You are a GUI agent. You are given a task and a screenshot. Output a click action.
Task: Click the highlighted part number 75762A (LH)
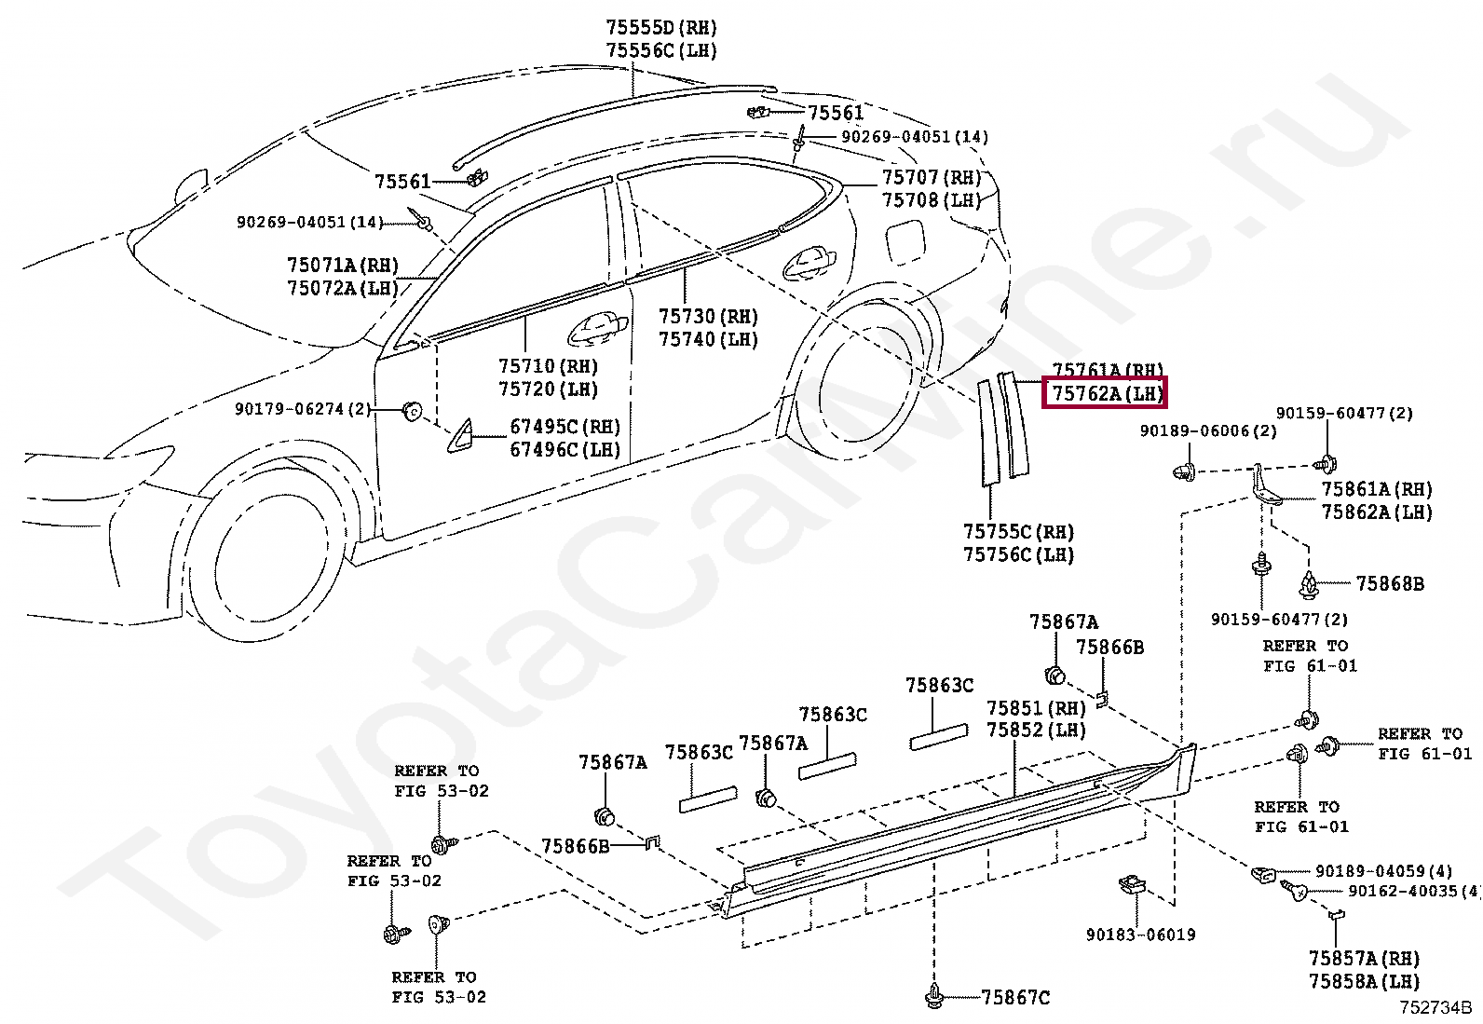coord(1108,394)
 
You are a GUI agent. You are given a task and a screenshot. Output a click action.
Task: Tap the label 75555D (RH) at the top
coord(661,29)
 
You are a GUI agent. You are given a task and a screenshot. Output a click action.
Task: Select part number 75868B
coord(1389,584)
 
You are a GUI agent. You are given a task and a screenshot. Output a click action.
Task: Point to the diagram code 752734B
coord(1435,1007)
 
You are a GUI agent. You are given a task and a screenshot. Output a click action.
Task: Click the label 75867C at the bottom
coord(1014,998)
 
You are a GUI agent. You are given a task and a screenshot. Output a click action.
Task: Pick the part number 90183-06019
coord(1140,935)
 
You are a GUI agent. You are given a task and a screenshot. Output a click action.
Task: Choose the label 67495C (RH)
coord(564,427)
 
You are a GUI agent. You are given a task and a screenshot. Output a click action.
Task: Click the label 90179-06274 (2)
coord(303,409)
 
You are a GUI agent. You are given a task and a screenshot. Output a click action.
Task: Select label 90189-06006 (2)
coord(1208,430)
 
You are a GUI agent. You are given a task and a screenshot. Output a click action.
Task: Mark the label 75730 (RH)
coord(708,317)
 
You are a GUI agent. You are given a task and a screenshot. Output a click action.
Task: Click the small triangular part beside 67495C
coord(460,436)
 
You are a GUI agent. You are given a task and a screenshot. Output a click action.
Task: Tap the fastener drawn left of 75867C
coord(934,996)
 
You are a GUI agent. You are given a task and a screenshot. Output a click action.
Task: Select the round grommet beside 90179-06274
coord(410,410)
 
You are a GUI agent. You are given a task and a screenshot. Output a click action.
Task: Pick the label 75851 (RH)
coord(1036,708)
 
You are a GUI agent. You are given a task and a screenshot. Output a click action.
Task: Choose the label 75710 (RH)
coord(548,366)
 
